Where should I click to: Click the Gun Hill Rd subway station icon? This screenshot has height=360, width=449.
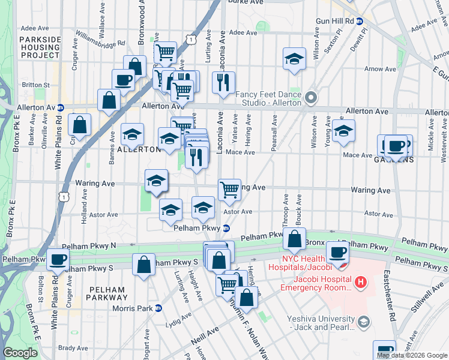tap(359, 21)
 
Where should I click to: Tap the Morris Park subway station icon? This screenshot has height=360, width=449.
tap(158, 308)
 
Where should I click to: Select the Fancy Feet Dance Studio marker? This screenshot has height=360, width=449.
tap(310, 97)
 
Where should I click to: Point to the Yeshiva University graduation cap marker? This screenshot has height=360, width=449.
tap(363, 322)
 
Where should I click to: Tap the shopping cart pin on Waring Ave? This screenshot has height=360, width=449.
tap(229, 189)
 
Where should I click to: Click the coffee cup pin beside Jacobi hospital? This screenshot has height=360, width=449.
tap(337, 251)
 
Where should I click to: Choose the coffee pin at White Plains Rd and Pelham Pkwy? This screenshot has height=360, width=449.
tap(58, 259)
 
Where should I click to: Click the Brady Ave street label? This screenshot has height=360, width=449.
tap(73, 347)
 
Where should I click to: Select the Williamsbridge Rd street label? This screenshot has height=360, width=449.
tap(100, 40)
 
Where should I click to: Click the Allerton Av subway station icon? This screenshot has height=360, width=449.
tap(61, 108)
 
